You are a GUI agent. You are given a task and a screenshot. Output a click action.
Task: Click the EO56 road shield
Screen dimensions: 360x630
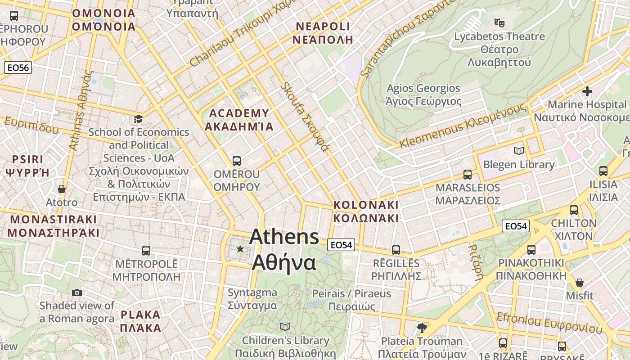click(x=18, y=68)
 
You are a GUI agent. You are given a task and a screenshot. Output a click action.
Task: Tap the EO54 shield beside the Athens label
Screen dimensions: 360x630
click(x=341, y=245)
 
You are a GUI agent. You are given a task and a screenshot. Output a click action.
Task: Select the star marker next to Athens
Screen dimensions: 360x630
click(x=240, y=249)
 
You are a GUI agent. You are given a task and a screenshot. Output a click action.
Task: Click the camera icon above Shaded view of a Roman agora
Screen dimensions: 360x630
click(x=77, y=292)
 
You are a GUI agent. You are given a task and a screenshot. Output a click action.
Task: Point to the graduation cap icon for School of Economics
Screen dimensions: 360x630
click(x=138, y=119)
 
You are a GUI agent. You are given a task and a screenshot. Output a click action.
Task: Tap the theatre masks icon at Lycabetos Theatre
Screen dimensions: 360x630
click(x=498, y=22)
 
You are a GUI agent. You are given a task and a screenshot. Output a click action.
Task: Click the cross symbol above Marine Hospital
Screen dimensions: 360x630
click(x=587, y=91)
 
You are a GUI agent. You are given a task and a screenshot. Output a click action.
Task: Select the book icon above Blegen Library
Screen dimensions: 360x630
click(x=519, y=151)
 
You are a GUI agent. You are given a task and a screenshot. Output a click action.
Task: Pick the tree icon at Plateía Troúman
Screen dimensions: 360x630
click(x=422, y=327)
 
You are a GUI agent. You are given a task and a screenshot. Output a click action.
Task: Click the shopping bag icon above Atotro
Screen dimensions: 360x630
click(x=62, y=189)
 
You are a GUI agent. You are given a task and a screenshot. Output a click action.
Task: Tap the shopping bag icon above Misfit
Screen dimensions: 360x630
click(x=580, y=283)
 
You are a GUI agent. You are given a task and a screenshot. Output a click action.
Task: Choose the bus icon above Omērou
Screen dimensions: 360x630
click(x=236, y=161)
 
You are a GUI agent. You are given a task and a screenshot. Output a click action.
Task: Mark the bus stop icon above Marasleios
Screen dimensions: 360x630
click(x=468, y=174)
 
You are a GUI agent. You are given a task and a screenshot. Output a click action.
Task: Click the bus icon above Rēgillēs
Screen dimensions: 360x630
click(x=396, y=250)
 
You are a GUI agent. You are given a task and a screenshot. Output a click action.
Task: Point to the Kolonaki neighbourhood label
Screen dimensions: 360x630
click(x=366, y=211)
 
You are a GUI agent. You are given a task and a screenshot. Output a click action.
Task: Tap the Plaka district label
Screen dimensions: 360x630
click(x=140, y=321)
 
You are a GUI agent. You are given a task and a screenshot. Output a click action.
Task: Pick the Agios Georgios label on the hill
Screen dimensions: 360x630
click(x=423, y=94)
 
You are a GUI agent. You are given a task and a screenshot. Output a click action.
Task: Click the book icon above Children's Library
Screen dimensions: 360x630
click(x=285, y=327)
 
